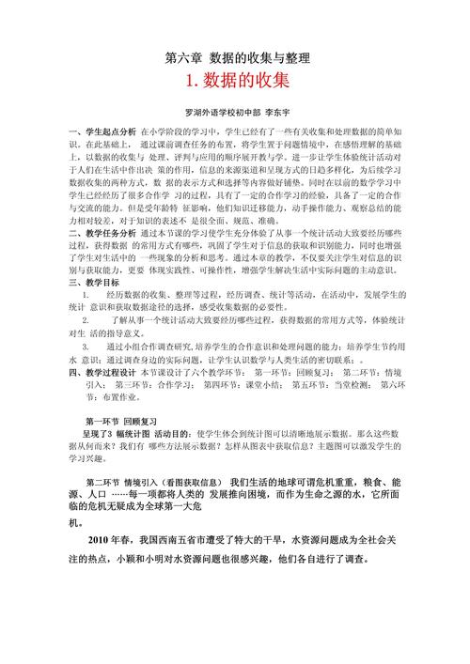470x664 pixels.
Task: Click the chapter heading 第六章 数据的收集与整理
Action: coord(235,58)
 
